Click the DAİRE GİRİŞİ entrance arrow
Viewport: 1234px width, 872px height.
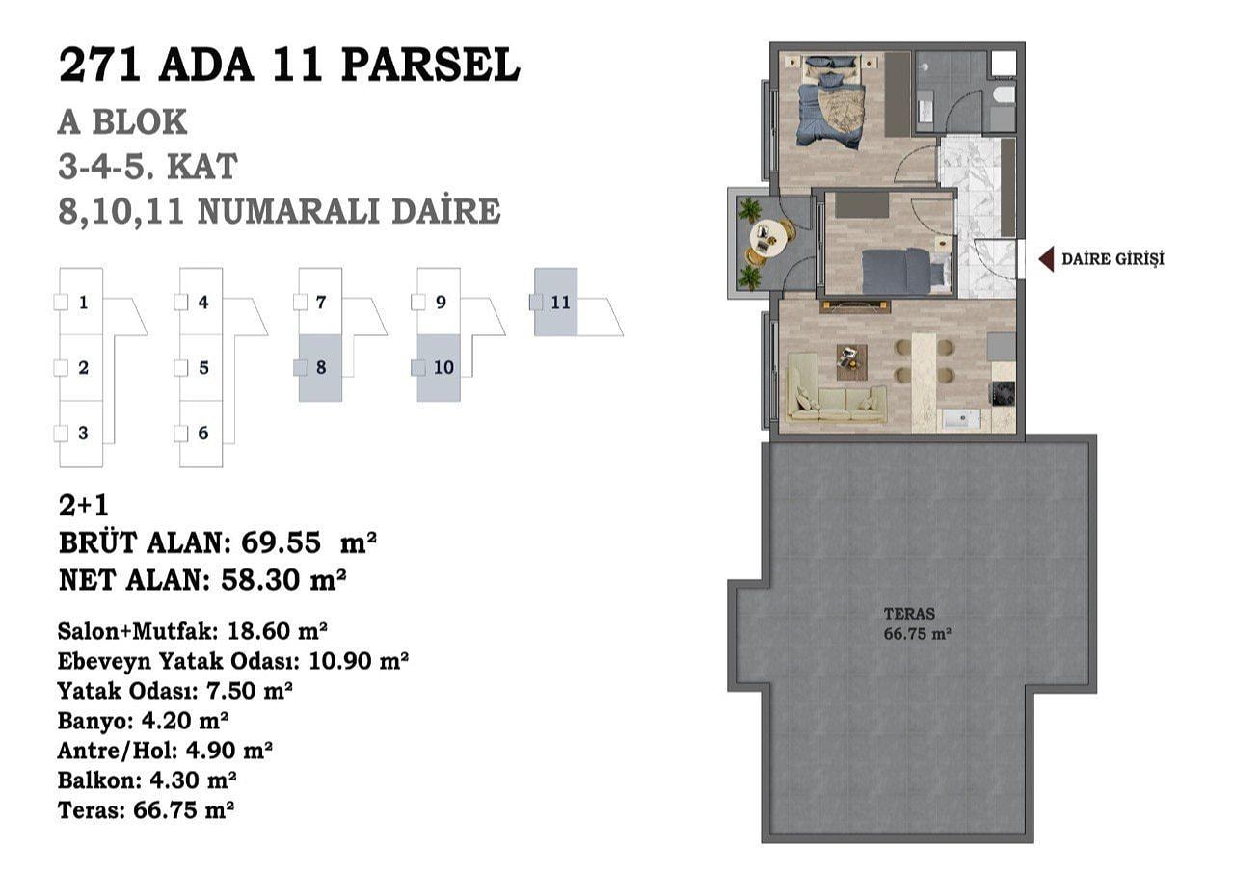click(1046, 259)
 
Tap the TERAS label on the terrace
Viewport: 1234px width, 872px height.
click(909, 613)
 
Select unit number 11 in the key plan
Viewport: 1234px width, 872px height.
click(560, 302)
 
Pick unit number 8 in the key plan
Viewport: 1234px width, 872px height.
click(321, 367)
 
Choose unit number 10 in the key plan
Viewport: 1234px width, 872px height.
click(443, 367)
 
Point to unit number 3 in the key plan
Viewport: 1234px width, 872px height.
click(83, 433)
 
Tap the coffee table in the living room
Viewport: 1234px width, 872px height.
click(851, 362)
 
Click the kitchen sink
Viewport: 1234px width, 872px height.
click(962, 418)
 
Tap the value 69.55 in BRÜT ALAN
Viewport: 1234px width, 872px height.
click(281, 542)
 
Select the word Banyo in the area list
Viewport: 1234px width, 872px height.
click(93, 720)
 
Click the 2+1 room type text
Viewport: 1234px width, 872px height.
click(84, 506)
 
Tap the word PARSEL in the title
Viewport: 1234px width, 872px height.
click(430, 66)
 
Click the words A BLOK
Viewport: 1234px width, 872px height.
click(122, 122)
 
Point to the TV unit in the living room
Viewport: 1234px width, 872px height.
click(855, 305)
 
